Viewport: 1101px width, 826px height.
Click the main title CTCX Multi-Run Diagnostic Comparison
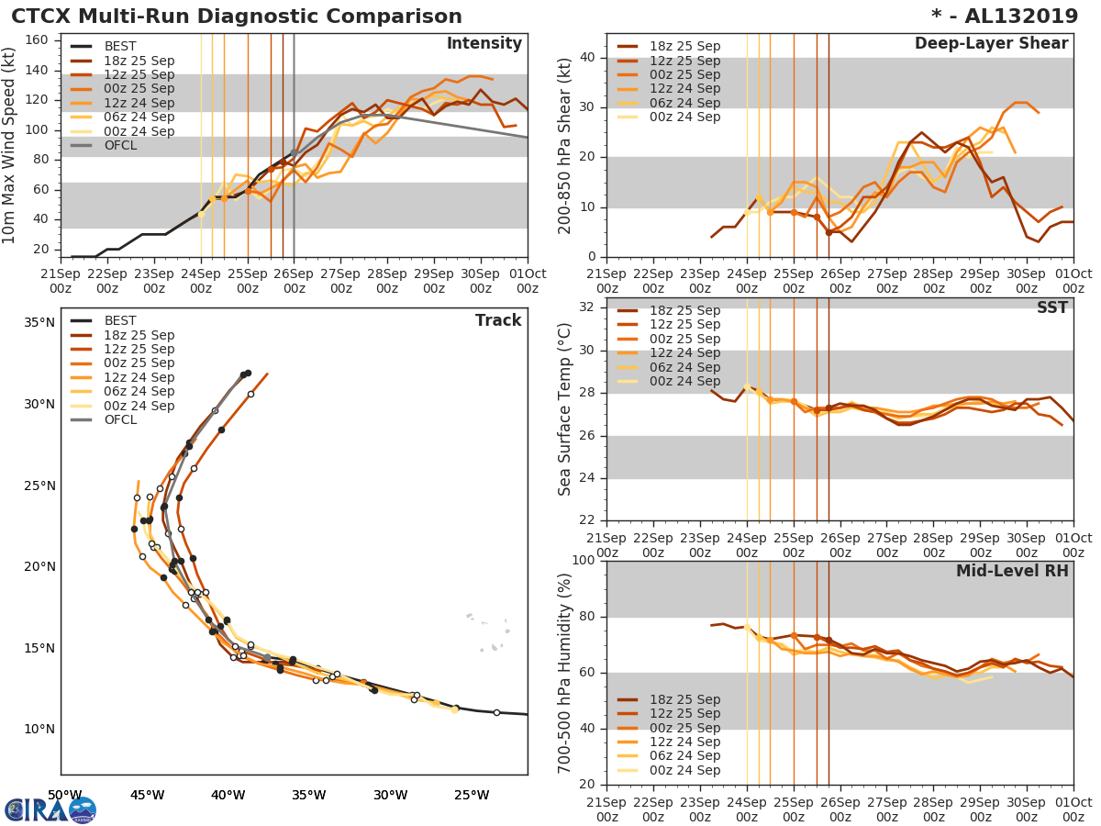pyautogui.click(x=237, y=17)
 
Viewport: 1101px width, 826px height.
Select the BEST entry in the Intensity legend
pyautogui.click(x=119, y=46)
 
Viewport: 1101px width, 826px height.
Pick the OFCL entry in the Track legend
pyautogui.click(x=119, y=419)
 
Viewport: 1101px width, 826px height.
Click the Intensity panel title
pyautogui.click(x=484, y=44)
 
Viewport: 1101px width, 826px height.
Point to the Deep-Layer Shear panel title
pyautogui.click(x=991, y=44)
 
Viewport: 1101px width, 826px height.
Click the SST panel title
pyautogui.click(x=1052, y=308)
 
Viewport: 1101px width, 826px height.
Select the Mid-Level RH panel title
pyautogui.click(x=1012, y=571)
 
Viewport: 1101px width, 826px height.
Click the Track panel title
pyautogui.click(x=497, y=320)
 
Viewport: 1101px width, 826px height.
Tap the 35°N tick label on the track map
pyautogui.click(x=38, y=323)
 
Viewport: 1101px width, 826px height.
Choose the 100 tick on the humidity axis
pyautogui.click(x=582, y=561)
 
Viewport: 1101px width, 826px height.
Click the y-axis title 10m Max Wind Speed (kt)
pyautogui.click(x=11, y=146)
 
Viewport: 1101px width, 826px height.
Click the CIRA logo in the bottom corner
pyautogui.click(x=50, y=809)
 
